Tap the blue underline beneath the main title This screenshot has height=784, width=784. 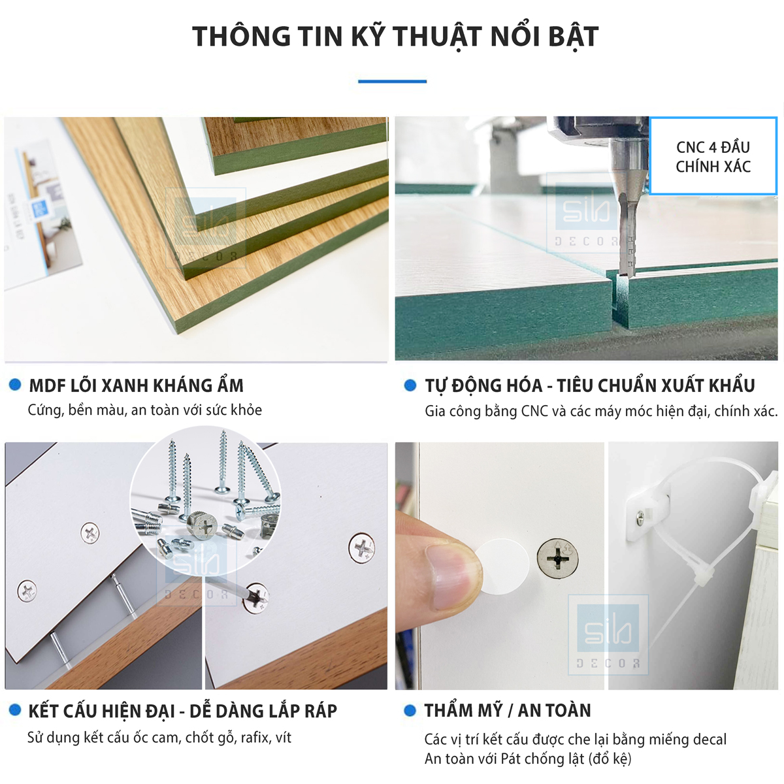click(392, 82)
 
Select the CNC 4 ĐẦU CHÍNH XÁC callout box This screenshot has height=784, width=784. click(713, 156)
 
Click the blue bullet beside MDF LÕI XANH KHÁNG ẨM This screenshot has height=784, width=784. click(15, 384)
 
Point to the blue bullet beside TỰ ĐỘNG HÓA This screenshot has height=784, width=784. click(410, 385)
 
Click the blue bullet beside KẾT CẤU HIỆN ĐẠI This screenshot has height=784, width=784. click(15, 710)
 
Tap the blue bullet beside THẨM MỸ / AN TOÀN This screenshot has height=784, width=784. click(410, 710)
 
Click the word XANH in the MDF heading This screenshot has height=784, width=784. click(123, 385)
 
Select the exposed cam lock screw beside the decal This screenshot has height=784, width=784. click(557, 558)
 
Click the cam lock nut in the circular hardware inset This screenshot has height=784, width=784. click(202, 525)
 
